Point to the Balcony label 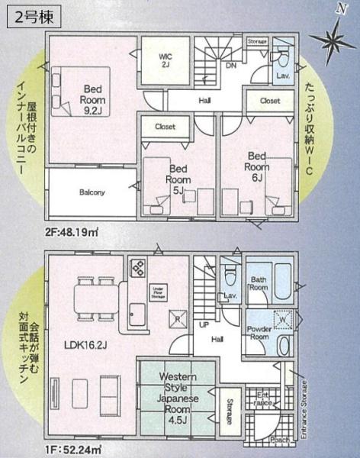tap(92, 192)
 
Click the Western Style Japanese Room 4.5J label tap(178, 396)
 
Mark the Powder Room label tap(261, 331)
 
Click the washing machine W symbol tap(283, 318)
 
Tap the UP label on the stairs tap(203, 324)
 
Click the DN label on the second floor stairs tap(230, 66)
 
